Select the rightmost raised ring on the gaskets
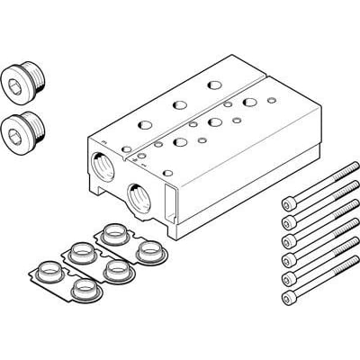[x=148, y=249]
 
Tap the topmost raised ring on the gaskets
[x=115, y=233]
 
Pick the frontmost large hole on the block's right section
[x=177, y=140]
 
